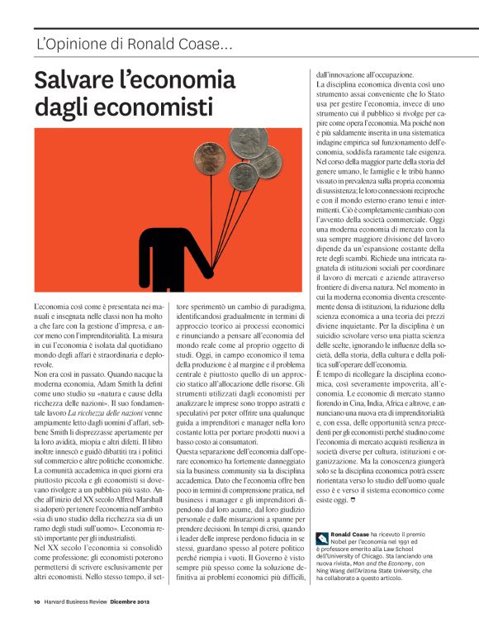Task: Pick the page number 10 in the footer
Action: pyautogui.click(x=37, y=602)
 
